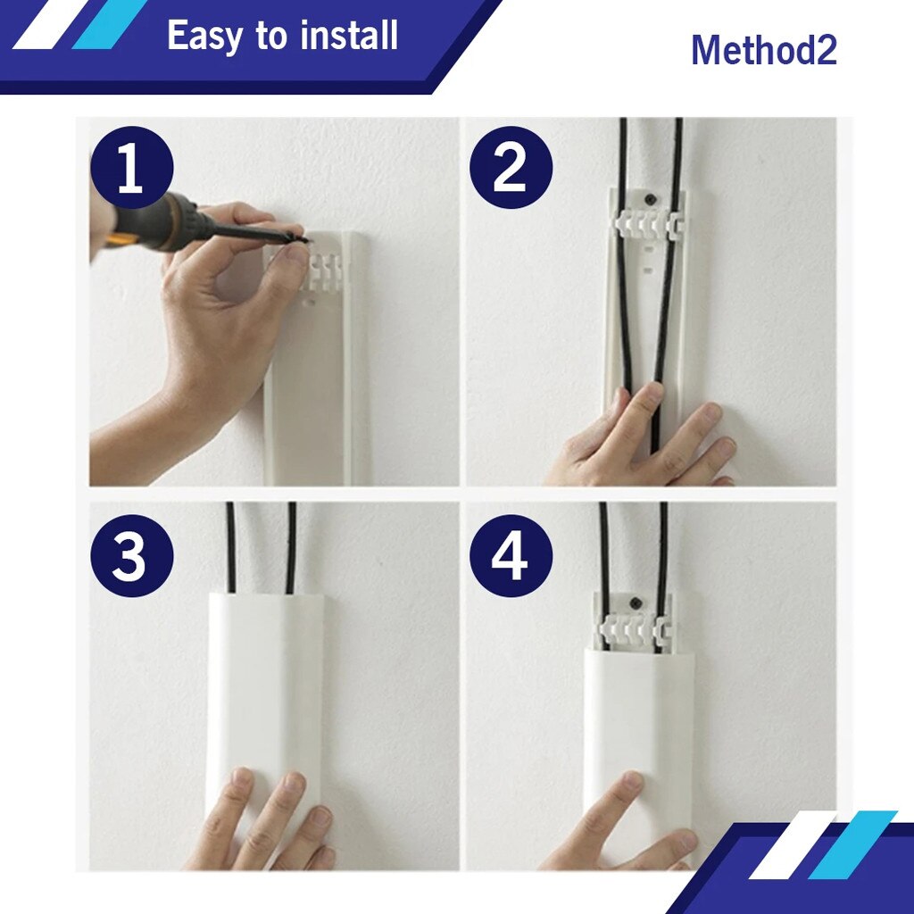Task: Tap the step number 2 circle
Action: (x=511, y=168)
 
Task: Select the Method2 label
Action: (x=763, y=50)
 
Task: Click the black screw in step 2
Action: (x=651, y=193)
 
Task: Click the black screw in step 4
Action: (x=635, y=602)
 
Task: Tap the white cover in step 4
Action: (x=637, y=714)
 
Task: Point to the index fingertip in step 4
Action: (x=632, y=783)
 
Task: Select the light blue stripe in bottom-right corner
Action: (x=852, y=844)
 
